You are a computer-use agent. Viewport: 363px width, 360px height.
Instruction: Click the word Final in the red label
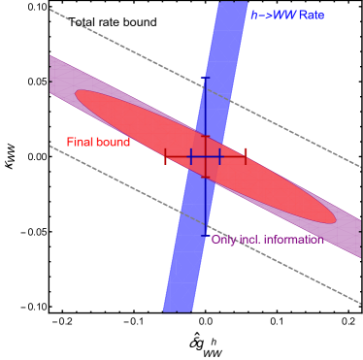[x=79, y=143]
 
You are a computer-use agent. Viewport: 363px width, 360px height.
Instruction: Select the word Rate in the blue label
[x=311, y=15]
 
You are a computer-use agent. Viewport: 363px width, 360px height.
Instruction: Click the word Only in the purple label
[x=223, y=240]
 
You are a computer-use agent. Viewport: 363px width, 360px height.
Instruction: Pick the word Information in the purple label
[x=293, y=240]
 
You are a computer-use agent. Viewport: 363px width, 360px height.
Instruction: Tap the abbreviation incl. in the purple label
[x=248, y=240]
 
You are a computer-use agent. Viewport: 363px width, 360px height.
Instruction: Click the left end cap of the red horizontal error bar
[x=165, y=155]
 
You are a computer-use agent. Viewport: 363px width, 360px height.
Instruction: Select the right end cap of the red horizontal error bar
[x=246, y=155]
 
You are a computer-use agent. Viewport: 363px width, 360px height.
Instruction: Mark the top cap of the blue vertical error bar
[x=205, y=78]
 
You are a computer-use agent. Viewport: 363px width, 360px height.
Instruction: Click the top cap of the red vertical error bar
[x=205, y=137]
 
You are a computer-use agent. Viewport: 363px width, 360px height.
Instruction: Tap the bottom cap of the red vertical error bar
[x=205, y=176]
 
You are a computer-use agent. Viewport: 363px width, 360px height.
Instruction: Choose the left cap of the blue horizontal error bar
[x=190, y=155]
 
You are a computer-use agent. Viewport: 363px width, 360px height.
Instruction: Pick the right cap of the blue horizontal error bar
[x=220, y=155]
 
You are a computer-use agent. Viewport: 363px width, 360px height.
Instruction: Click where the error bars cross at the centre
[x=205, y=155]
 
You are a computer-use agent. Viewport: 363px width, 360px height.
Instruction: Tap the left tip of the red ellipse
[x=77, y=94]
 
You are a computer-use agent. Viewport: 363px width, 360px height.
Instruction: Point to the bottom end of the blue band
[x=177, y=311]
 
